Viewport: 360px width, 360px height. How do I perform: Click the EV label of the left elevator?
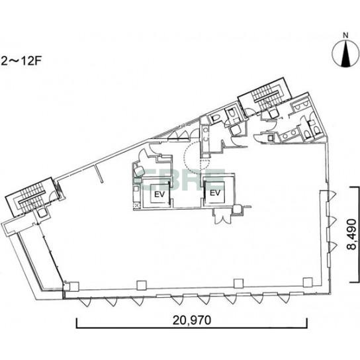tap(159, 195)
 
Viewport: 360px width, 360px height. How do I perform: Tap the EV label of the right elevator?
tap(215, 193)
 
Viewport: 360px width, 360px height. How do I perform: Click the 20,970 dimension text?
tap(192, 320)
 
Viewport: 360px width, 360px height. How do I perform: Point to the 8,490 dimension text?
tap(352, 234)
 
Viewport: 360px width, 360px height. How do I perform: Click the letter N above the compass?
tap(345, 36)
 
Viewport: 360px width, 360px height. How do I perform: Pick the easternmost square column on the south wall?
tap(308, 282)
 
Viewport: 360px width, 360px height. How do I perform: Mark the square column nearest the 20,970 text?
tap(141, 285)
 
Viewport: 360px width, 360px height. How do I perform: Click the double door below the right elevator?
tap(222, 216)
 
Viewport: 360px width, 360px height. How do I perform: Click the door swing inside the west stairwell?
tap(52, 196)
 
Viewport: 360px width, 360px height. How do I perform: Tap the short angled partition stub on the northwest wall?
tap(99, 173)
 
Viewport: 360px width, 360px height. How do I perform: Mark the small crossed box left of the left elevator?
tap(136, 205)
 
